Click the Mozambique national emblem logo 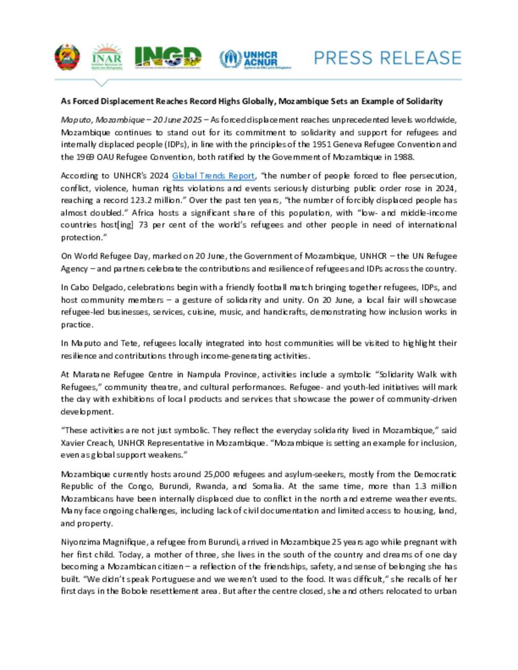[67, 57]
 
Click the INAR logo [107, 57]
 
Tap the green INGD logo [167, 57]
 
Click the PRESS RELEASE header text [387, 58]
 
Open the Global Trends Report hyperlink [213, 176]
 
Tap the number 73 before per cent [143, 225]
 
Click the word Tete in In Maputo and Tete [129, 343]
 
